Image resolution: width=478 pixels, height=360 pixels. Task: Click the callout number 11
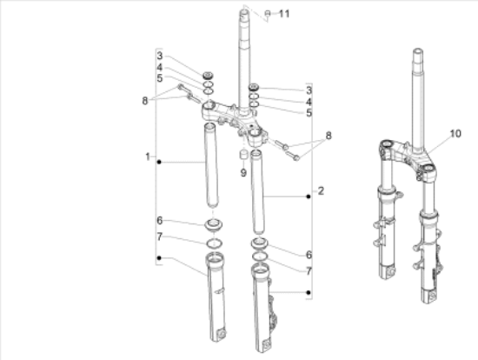pos(284,14)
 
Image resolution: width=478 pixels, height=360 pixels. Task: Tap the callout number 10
pos(455,133)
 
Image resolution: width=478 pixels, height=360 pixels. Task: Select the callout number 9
pos(243,173)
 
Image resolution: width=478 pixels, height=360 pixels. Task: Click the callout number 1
pos(148,157)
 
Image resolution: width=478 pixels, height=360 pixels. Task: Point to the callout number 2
pos(321,191)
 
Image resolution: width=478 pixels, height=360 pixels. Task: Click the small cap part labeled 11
pos(268,13)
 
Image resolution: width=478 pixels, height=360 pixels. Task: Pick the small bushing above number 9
pos(243,154)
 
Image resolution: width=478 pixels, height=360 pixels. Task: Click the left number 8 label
pos(145,101)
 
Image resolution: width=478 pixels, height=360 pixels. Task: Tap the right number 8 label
pos(329,136)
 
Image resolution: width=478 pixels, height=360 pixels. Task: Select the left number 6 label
pos(159,220)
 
